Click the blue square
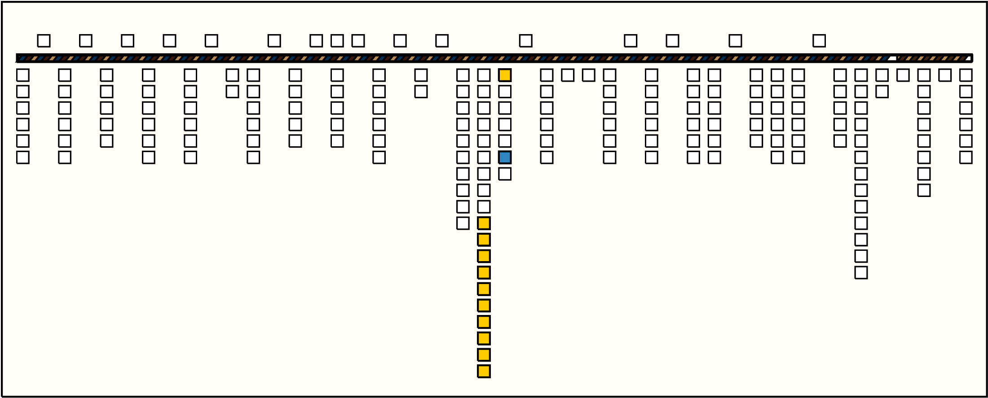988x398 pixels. (x=505, y=157)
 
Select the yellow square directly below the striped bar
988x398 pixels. (x=505, y=75)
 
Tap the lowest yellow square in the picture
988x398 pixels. (x=484, y=372)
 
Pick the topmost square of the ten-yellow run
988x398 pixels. (x=484, y=223)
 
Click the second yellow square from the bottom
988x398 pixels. (x=484, y=355)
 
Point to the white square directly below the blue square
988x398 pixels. (x=505, y=174)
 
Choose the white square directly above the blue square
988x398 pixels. (x=505, y=141)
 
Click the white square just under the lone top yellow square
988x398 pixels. (x=505, y=92)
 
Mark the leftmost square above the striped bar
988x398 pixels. (x=44, y=41)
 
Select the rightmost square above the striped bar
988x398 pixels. (x=819, y=41)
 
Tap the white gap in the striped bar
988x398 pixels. (x=892, y=58)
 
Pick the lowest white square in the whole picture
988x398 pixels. (x=861, y=272)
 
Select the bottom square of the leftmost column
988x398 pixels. (x=23, y=157)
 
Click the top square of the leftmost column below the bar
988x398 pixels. (x=23, y=75)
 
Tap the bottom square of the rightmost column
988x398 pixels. (x=966, y=157)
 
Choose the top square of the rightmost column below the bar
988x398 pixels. (x=966, y=75)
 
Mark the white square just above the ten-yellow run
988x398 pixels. (x=484, y=207)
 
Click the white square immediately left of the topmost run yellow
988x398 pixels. (x=463, y=223)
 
